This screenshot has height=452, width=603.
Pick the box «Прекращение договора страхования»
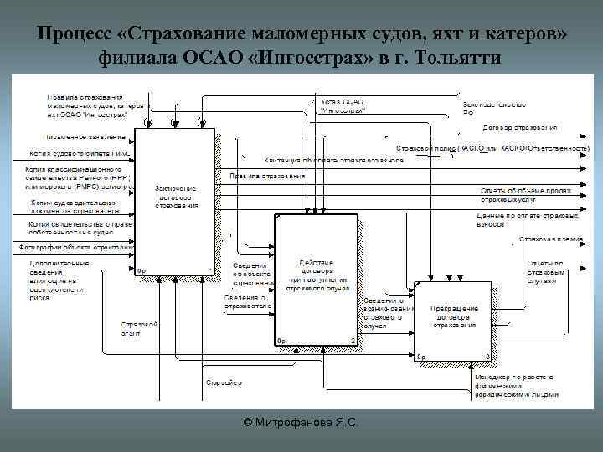pyautogui.click(x=456, y=315)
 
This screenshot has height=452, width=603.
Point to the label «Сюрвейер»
pyautogui.click(x=224, y=383)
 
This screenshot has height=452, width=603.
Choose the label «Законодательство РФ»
pyautogui.click(x=494, y=108)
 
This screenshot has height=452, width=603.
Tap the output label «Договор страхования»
pyautogui.click(x=519, y=128)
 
